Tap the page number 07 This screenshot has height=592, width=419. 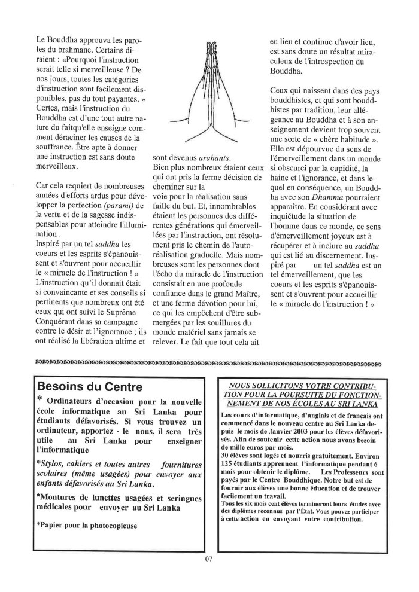[209, 560]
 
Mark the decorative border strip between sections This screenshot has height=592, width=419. [209, 362]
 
